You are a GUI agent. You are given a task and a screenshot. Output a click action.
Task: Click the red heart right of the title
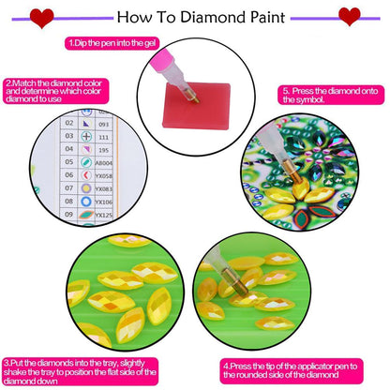[349, 16]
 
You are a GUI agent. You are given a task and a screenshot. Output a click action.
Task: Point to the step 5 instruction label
[330, 94]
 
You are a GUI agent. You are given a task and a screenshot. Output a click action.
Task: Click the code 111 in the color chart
[106, 138]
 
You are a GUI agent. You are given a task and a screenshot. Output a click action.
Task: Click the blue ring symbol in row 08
[86, 202]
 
